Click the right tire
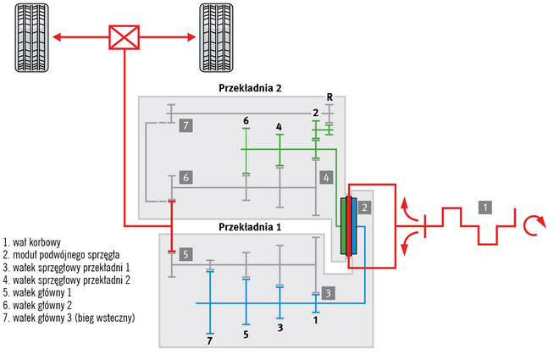pos(215,39)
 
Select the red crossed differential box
pos(124,39)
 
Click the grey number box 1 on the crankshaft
pos(484,206)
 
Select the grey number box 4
pos(326,177)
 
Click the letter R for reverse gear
pos(329,97)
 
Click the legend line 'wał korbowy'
pos(32,241)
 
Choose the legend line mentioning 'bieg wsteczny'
pos(69,318)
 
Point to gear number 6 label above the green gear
pos(246,121)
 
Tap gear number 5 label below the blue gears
pos(246,335)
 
